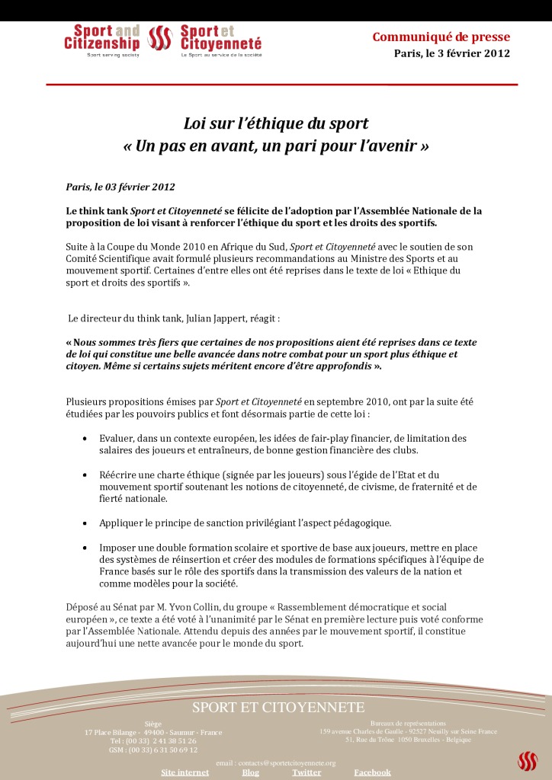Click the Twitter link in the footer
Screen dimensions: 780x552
[306, 772]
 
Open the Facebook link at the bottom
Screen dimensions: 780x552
[372, 772]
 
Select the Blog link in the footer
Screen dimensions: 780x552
[251, 772]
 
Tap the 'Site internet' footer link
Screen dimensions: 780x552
[185, 772]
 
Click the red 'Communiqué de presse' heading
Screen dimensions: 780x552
[441, 37]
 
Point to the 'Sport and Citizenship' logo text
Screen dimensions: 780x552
[102, 38]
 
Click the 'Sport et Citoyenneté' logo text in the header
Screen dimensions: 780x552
[220, 38]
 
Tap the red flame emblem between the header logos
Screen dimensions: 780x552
[160, 38]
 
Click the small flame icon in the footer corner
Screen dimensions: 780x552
[528, 761]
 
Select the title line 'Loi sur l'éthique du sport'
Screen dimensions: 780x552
[276, 123]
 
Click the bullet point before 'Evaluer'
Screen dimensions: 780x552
[83, 440]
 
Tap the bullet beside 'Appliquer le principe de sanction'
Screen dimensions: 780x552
[83, 523]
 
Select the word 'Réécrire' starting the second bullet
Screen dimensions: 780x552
[117, 475]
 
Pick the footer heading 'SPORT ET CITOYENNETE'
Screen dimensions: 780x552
[278, 708]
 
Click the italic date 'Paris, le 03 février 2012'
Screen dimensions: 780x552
[120, 187]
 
